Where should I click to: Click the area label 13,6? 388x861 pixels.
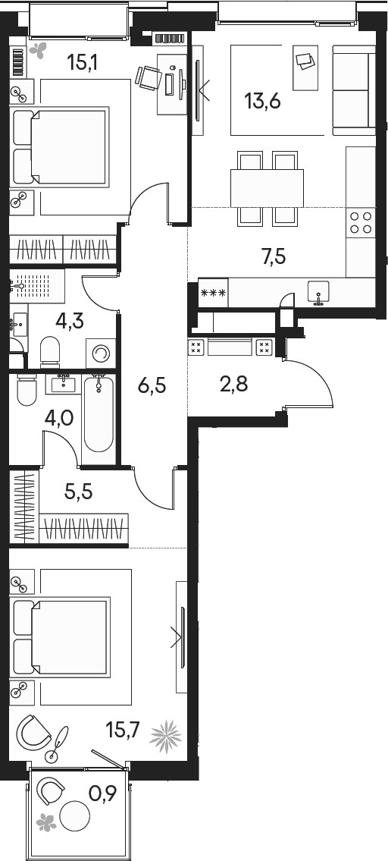(262, 100)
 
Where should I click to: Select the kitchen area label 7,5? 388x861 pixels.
(273, 257)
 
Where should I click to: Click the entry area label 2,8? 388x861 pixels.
(235, 384)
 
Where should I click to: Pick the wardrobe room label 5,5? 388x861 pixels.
(79, 493)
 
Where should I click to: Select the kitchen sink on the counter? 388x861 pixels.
(318, 292)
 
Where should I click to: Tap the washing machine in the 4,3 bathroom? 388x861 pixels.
(101, 354)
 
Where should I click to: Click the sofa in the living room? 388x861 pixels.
(354, 92)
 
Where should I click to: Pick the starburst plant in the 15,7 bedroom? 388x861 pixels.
(166, 735)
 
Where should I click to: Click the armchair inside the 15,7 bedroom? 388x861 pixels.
(35, 731)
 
